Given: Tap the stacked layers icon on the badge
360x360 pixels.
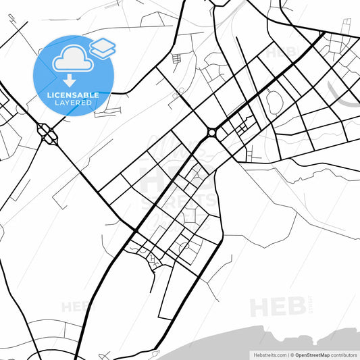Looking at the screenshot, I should click(x=102, y=47).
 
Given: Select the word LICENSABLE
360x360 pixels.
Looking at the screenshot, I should click(x=73, y=95).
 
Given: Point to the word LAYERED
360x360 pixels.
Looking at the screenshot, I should click(x=73, y=103).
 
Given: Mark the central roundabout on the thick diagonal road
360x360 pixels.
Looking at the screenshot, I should click(x=212, y=132).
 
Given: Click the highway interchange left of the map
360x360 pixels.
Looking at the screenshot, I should click(x=49, y=133).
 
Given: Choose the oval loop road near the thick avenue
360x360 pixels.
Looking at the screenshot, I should click(x=275, y=101).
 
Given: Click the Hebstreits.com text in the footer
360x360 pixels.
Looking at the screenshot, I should click(x=268, y=355).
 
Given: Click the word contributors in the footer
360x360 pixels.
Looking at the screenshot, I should click(x=344, y=355).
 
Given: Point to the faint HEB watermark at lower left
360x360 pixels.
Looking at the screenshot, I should click(x=74, y=307).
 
